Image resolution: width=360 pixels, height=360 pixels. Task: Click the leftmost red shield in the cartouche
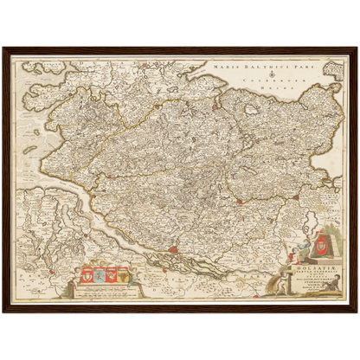[x=87, y=277]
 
